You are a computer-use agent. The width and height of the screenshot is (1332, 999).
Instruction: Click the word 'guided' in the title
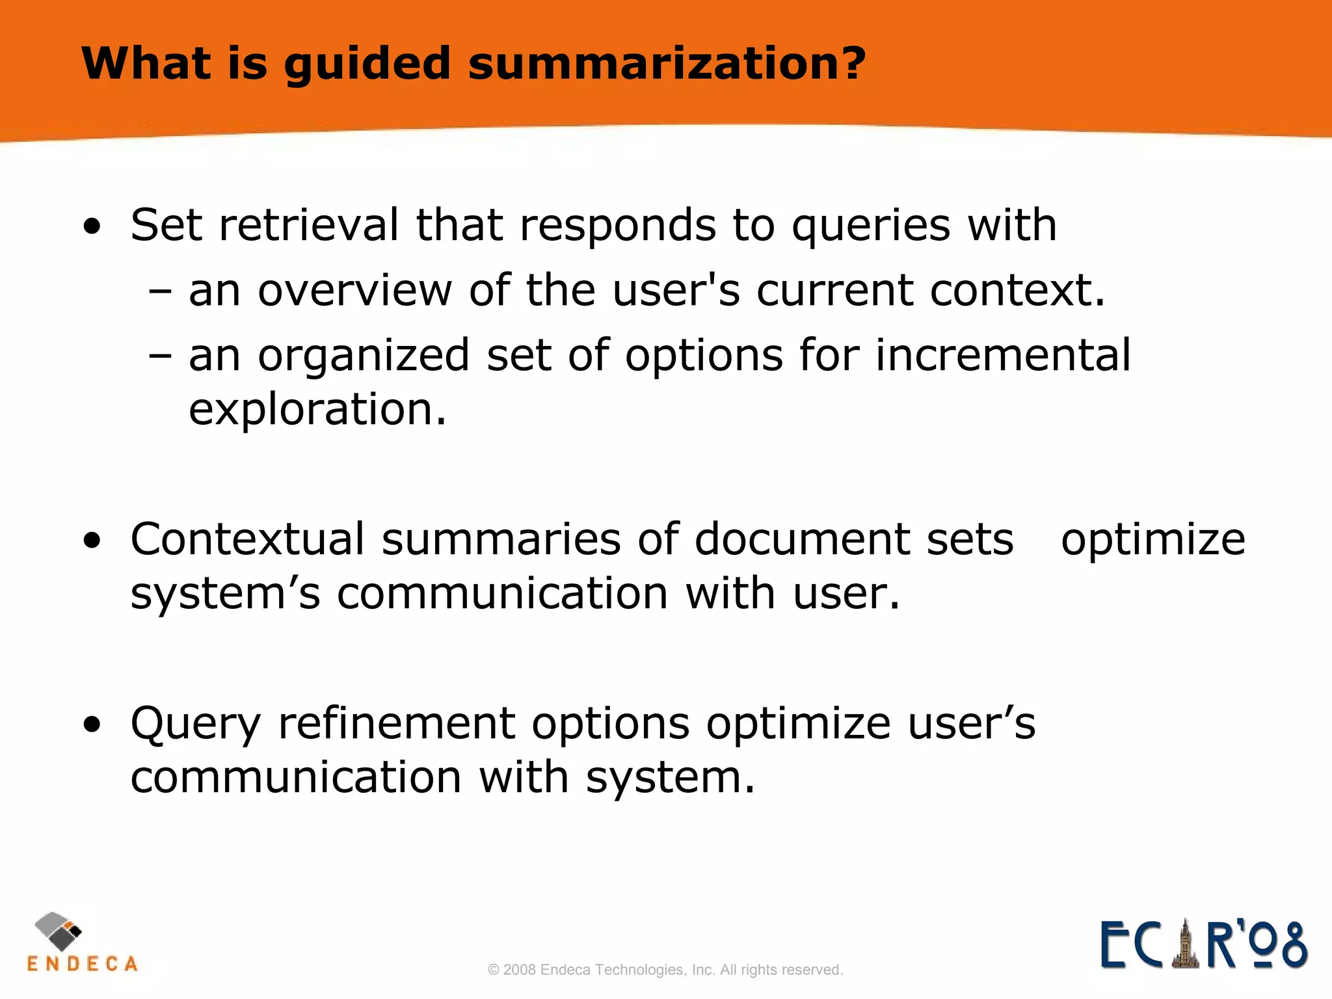(x=367, y=64)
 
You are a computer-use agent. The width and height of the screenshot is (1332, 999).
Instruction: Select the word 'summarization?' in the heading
(x=667, y=64)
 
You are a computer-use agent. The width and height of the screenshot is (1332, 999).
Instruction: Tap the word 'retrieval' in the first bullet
(x=309, y=225)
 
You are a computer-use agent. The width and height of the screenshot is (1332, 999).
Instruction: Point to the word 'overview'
(x=354, y=290)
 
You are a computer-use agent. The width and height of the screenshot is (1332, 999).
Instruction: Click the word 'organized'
(x=364, y=356)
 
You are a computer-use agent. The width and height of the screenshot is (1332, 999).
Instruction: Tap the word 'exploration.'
(x=317, y=410)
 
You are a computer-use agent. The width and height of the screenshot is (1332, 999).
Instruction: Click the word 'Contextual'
(x=248, y=539)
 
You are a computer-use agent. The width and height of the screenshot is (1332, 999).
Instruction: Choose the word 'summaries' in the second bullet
(x=501, y=540)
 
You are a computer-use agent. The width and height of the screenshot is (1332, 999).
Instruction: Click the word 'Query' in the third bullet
(x=196, y=725)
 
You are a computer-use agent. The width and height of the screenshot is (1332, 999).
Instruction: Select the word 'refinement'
(x=397, y=723)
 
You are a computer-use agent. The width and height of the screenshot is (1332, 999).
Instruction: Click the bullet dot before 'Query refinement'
(x=92, y=725)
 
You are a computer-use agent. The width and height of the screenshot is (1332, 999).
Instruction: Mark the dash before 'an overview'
(x=160, y=292)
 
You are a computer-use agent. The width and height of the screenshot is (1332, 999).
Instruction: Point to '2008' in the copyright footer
(x=520, y=970)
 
